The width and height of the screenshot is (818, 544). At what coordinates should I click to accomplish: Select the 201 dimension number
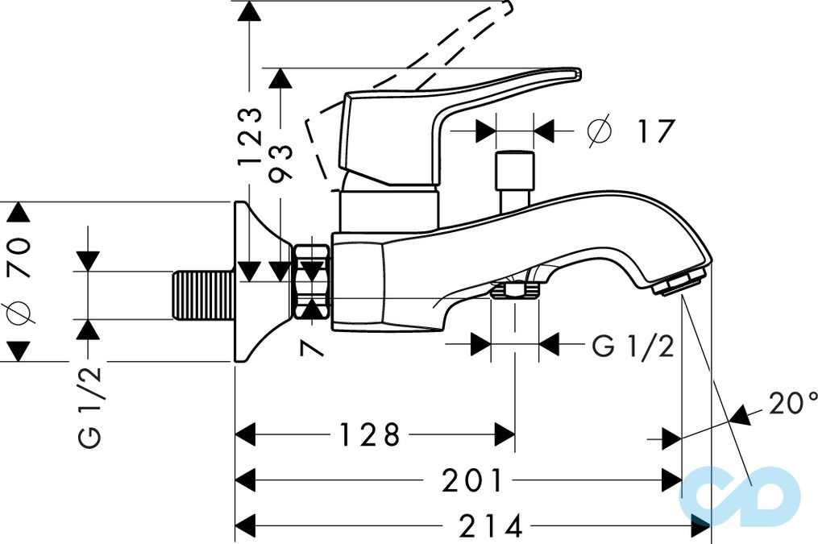pos(471,480)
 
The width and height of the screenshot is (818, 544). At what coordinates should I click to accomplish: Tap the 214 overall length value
pos(490,525)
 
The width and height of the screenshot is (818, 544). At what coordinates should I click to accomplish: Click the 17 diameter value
pos(655,131)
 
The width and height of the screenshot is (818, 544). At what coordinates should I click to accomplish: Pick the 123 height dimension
pos(249,136)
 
